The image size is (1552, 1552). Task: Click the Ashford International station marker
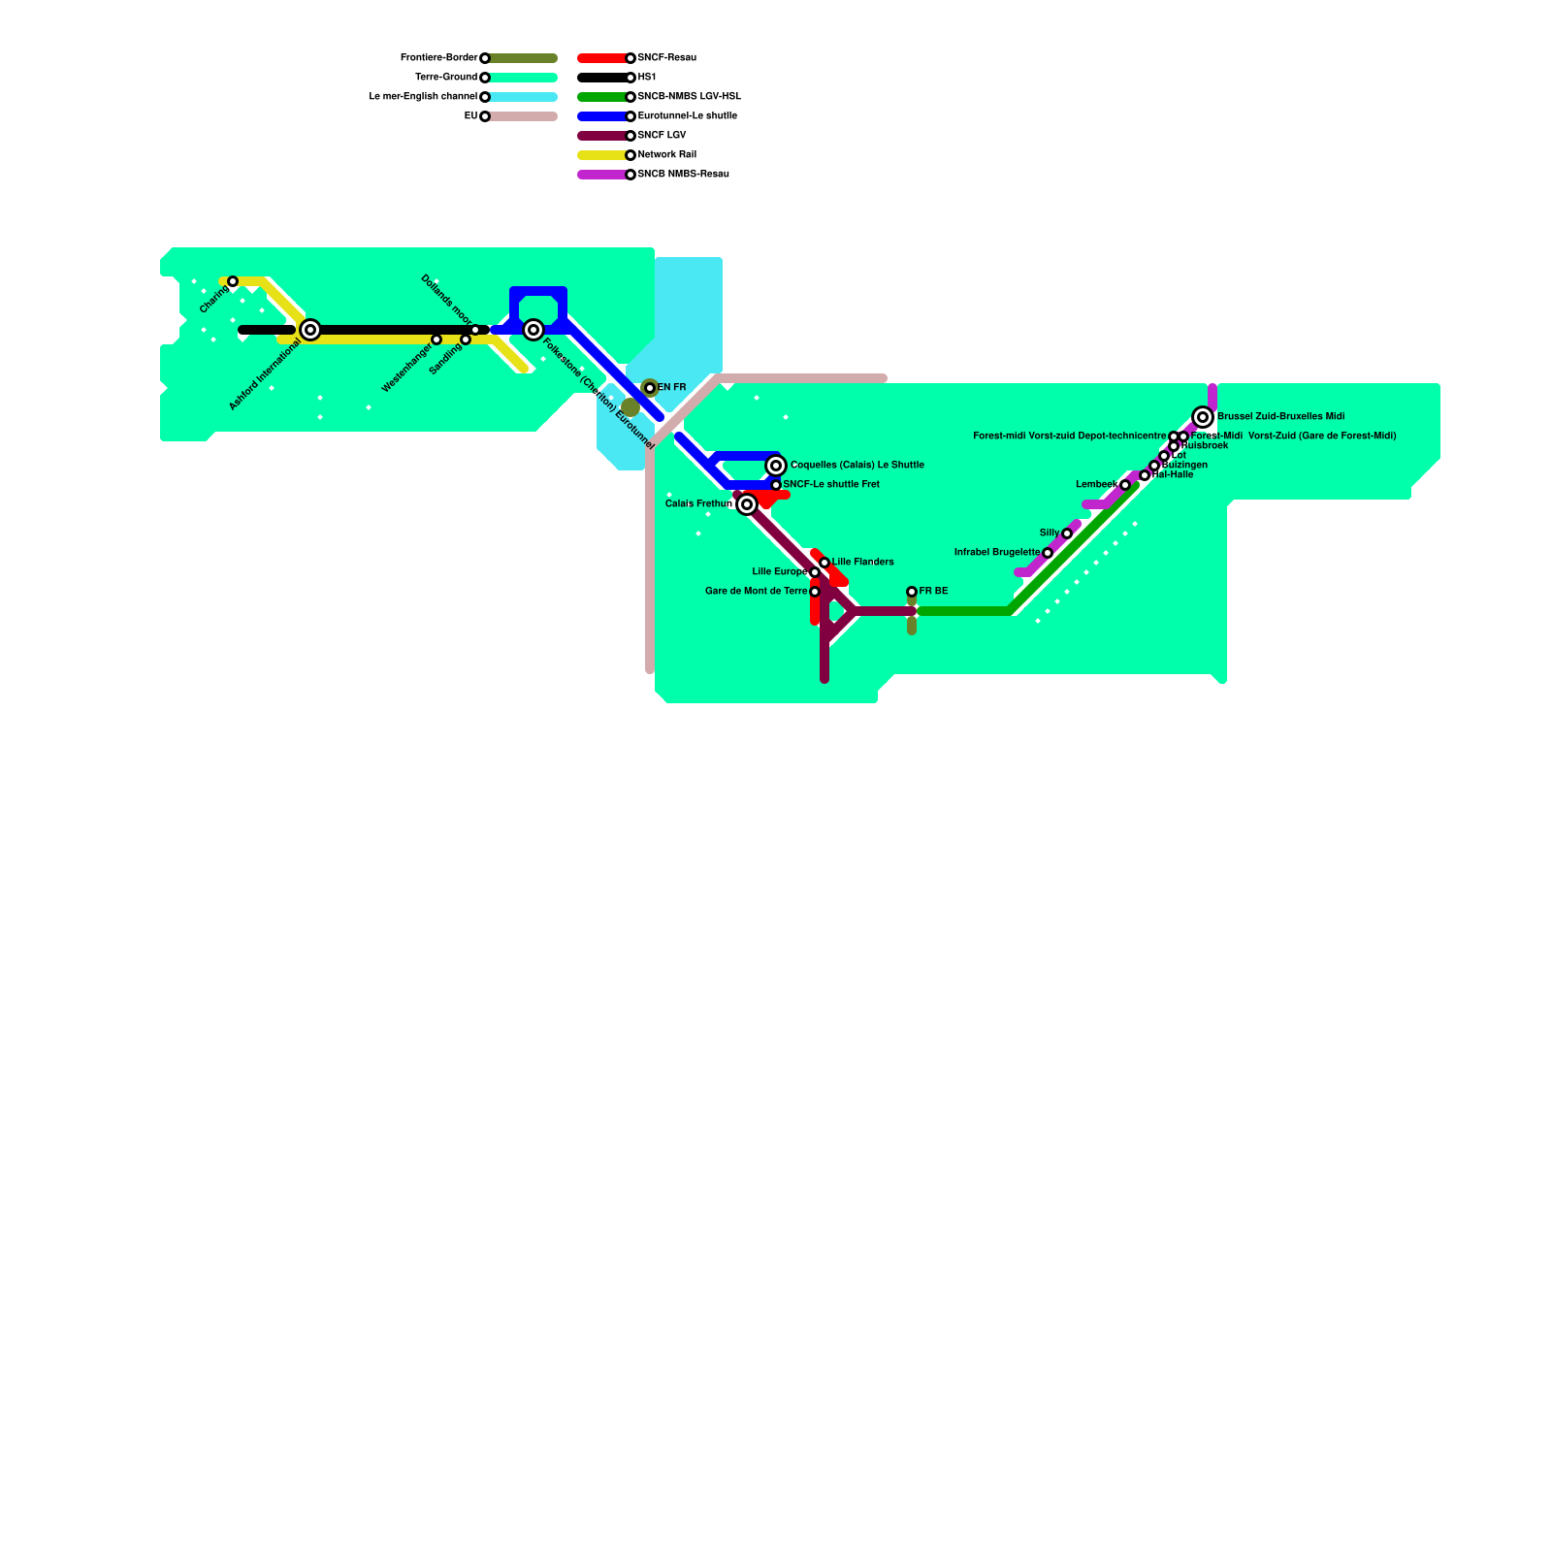click(310, 330)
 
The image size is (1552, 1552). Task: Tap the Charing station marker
click(233, 281)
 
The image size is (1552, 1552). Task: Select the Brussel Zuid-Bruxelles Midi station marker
click(1203, 417)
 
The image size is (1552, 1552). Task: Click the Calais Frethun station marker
click(747, 504)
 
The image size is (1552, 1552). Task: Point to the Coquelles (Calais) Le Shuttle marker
click(776, 466)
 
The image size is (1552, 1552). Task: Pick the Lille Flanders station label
click(862, 563)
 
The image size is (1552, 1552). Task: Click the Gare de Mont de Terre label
click(756, 592)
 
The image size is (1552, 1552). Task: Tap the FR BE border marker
click(912, 592)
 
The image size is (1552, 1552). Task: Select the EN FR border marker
click(650, 388)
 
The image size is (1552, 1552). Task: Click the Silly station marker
click(1067, 533)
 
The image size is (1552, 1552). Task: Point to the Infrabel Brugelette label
click(996, 553)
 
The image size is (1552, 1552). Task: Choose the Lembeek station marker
click(1125, 485)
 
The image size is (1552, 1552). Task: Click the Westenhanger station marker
click(436, 339)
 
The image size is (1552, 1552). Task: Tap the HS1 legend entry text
click(647, 78)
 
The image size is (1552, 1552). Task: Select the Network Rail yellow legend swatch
click(601, 155)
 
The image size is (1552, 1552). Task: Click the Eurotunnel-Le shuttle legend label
click(687, 116)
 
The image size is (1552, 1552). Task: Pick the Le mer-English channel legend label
click(423, 97)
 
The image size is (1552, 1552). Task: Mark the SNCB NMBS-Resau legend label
click(683, 175)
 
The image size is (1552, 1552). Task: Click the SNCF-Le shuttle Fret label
click(831, 485)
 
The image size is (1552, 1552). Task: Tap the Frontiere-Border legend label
click(438, 58)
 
